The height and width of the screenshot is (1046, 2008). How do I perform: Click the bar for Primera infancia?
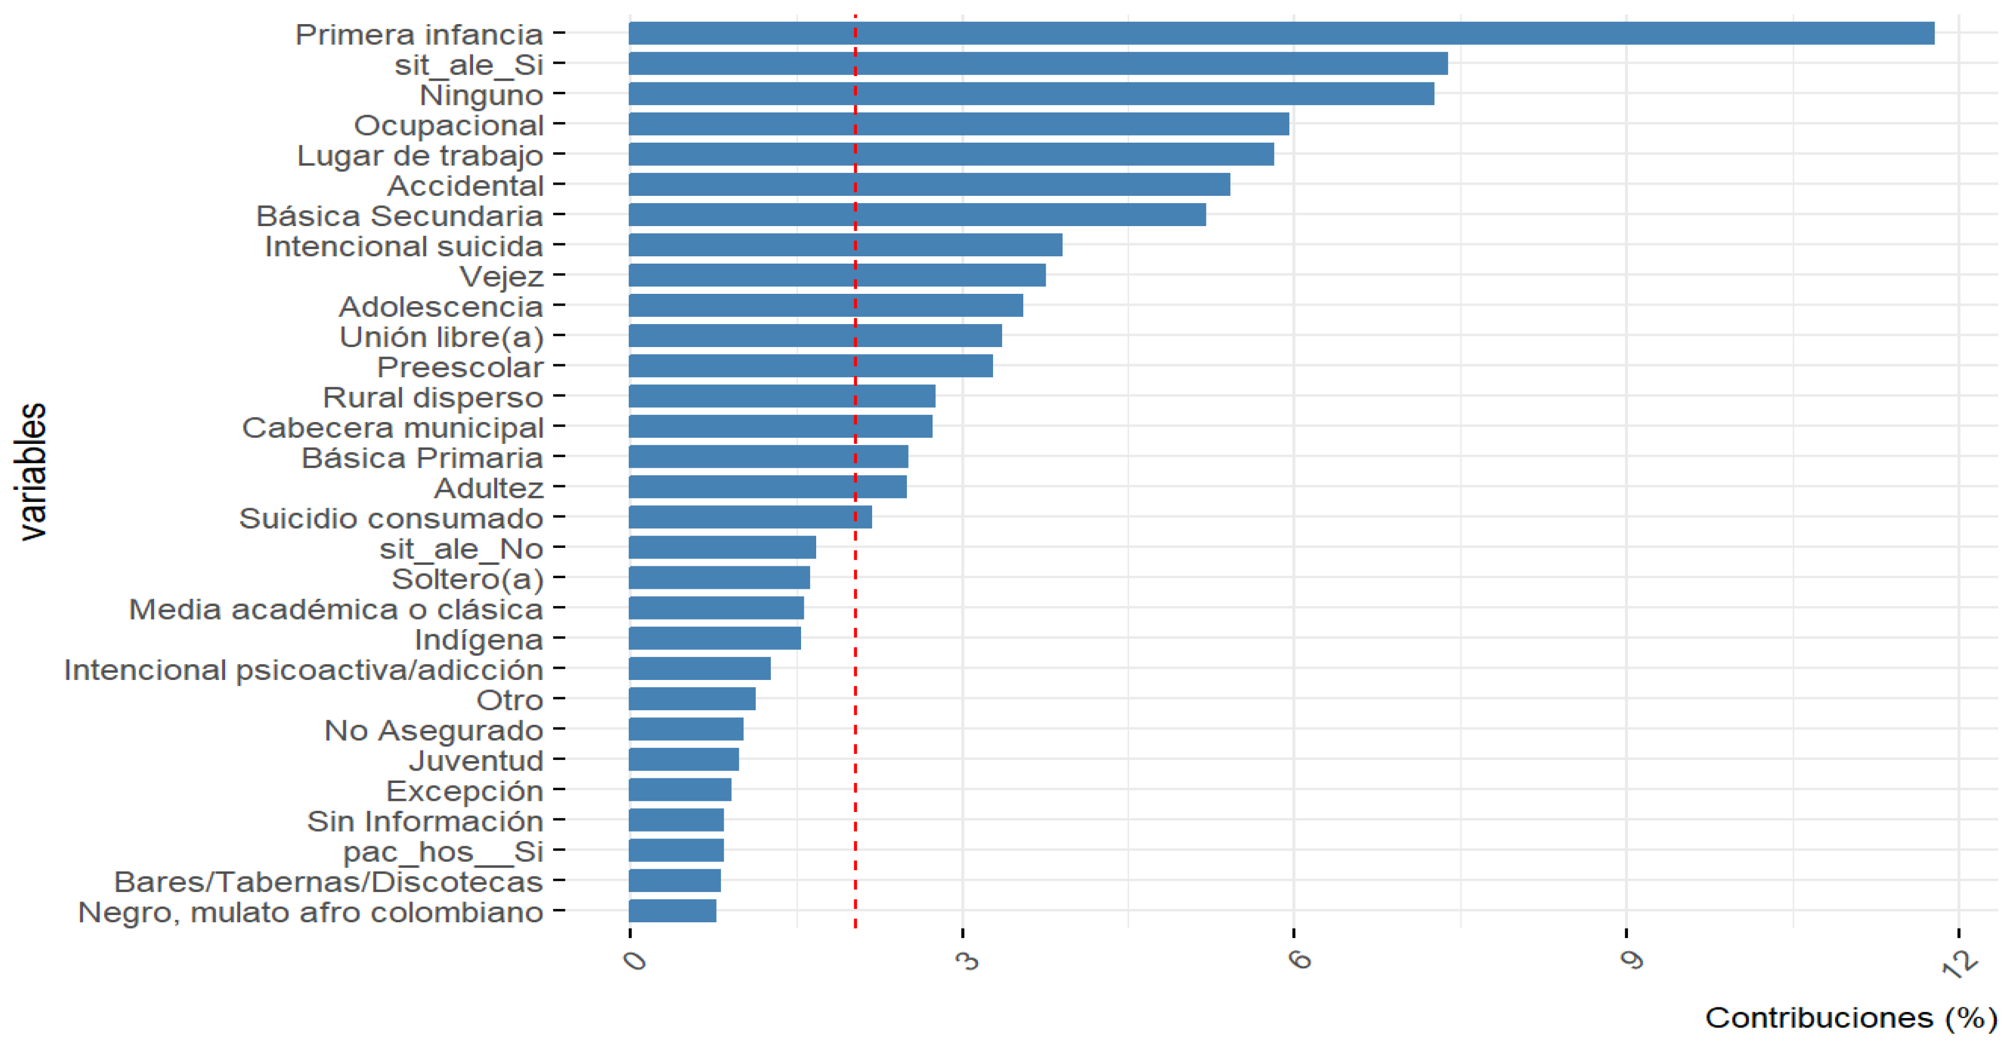pos(1281,34)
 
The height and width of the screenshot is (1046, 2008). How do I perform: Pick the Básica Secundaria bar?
pos(917,215)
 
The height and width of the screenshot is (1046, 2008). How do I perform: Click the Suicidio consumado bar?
pos(750,518)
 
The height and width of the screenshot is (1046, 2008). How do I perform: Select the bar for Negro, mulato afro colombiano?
pos(672,911)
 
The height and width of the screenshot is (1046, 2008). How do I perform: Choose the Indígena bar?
pos(714,639)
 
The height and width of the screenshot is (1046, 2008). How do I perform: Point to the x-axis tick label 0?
pos(635,960)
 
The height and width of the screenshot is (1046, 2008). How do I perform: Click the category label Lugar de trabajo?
pos(419,155)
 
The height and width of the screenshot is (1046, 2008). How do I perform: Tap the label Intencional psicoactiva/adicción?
pos(303,669)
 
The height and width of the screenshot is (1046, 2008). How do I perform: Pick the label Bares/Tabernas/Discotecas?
pos(328,881)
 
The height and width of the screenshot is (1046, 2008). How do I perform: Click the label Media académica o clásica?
pos(335,609)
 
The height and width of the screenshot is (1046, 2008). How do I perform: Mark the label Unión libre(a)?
pos(441,337)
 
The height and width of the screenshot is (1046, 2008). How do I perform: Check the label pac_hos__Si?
pos(443,851)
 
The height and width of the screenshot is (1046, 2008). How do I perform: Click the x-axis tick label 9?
pos(1631,960)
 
